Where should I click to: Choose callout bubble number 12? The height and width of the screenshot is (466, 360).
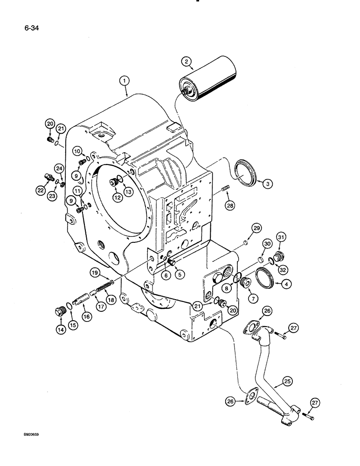point(117,198)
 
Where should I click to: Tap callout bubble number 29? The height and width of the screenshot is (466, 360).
point(256,227)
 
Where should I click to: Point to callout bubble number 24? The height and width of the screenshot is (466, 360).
point(59,168)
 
